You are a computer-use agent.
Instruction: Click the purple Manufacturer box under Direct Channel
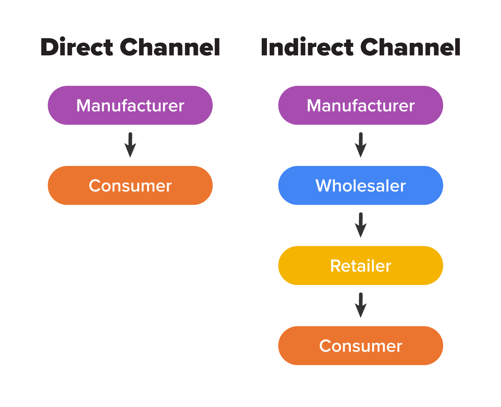coord(130,105)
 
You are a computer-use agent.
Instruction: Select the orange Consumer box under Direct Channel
coord(130,185)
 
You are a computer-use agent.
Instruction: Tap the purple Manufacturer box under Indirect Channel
coord(360,105)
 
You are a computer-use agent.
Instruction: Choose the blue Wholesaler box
coord(360,185)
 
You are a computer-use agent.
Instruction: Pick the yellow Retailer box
coord(360,266)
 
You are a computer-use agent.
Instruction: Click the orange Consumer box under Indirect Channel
coord(360,346)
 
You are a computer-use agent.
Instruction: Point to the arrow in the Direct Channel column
coord(130,145)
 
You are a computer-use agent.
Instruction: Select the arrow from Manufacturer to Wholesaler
coord(361,145)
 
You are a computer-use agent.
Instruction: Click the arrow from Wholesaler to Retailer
coord(361,225)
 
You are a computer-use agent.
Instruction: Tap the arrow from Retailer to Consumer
coord(361,305)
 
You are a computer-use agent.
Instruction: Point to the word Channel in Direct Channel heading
coord(170,47)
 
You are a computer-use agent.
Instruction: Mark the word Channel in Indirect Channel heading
coord(410,47)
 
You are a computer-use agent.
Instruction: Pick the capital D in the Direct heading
coord(49,48)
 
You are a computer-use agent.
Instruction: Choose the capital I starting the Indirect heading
coord(265,48)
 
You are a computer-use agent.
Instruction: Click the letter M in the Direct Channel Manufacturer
coord(83,106)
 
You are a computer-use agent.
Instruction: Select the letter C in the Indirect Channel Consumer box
coord(325,346)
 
